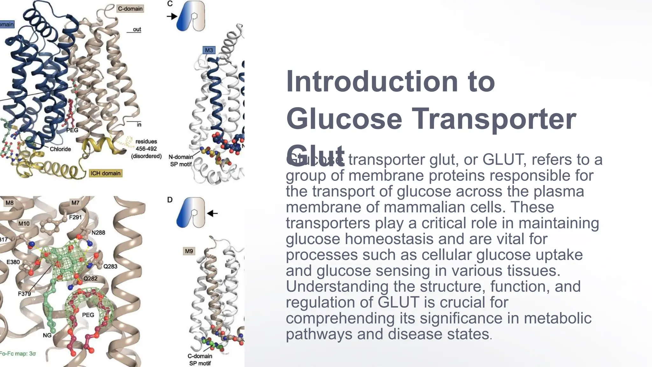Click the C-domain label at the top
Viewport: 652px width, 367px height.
coord(130,9)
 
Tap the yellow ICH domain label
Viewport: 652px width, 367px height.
coord(105,173)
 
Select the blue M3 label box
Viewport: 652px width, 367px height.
coord(209,50)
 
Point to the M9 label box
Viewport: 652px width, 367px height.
coord(189,251)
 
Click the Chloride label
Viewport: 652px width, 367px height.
coord(60,149)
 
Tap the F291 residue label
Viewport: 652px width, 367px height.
coord(75,217)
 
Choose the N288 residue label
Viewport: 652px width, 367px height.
coord(98,233)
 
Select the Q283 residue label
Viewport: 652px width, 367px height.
coord(110,266)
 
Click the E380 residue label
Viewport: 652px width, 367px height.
coord(13,262)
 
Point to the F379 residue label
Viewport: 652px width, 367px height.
coord(24,294)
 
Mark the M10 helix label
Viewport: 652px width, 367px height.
coord(24,224)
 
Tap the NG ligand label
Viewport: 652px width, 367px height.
coord(47,335)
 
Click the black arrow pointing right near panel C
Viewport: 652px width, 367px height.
coord(172,16)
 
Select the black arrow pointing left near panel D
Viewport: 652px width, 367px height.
coord(212,213)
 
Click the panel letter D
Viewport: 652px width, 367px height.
coord(170,200)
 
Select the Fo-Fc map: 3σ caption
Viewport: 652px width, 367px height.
coord(18,354)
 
